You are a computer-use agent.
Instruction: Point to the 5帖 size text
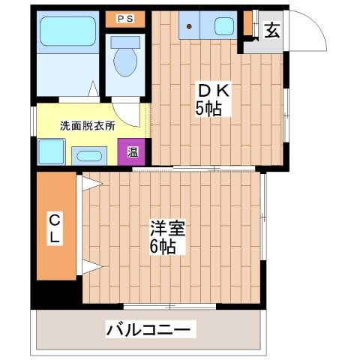coord(208,109)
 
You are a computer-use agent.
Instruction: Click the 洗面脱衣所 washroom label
coord(88,126)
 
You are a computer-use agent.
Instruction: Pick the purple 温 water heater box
coord(132,152)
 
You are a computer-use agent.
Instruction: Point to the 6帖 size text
coord(163,247)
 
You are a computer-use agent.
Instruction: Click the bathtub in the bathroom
coord(65,33)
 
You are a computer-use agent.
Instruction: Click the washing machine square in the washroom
coord(49,153)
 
